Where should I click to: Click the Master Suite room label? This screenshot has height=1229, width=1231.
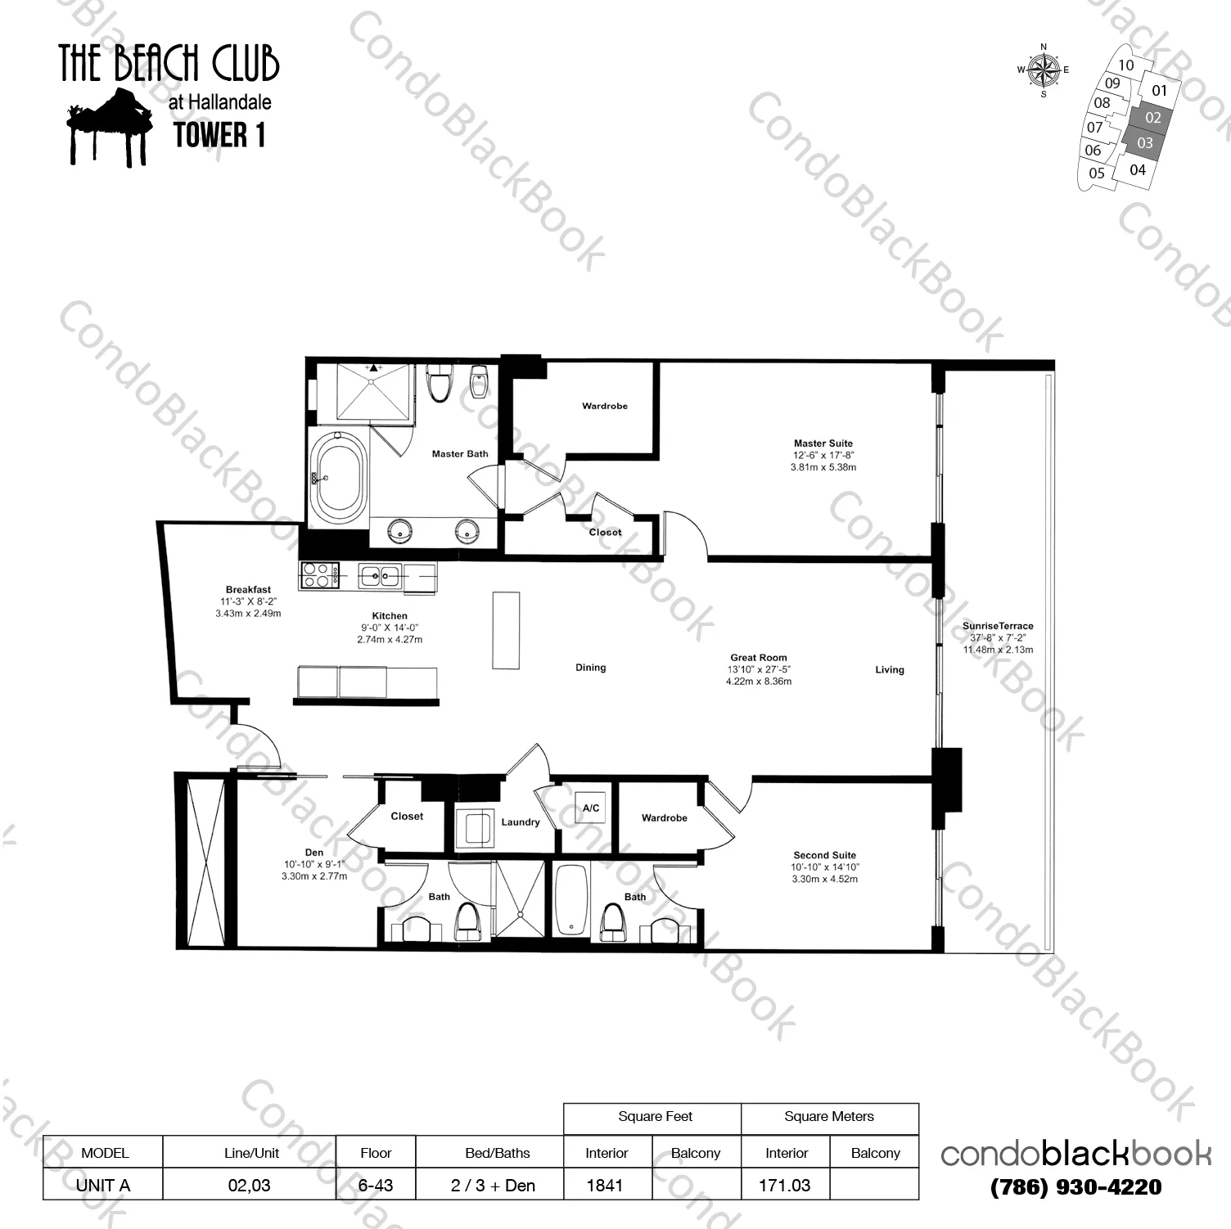823,443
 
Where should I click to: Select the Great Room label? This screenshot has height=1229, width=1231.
758,657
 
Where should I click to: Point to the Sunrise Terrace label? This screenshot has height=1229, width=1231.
997,626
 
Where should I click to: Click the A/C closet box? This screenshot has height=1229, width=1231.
590,808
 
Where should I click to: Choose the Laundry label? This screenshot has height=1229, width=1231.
520,822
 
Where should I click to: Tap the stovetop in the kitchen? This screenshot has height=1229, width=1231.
320,574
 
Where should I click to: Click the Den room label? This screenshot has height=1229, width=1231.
313,852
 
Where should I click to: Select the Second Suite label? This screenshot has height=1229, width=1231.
824,855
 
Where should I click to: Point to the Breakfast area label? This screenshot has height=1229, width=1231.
248,589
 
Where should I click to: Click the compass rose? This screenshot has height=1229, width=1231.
1044,70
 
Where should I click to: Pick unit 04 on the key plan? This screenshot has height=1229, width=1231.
1137,170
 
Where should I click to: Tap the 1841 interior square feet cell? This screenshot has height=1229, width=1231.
605,1185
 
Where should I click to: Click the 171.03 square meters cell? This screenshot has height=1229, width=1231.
784,1185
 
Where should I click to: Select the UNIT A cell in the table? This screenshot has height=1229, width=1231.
103,1185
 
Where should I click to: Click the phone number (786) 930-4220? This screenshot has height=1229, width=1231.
1075,1186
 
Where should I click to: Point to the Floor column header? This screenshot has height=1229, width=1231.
376,1153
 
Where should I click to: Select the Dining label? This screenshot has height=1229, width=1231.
590,668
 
